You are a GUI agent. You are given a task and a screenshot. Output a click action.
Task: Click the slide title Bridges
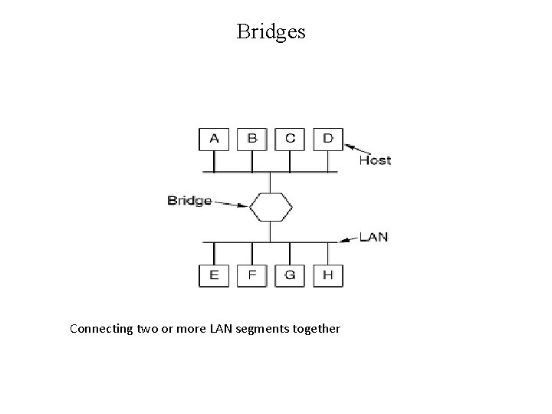(271, 31)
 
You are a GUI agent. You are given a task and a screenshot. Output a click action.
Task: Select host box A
(214, 138)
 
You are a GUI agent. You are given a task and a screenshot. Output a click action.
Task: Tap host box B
(251, 138)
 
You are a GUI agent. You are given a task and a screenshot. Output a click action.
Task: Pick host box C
(290, 138)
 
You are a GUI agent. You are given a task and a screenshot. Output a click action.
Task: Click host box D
(327, 138)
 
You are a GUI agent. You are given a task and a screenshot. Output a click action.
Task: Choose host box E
(214, 275)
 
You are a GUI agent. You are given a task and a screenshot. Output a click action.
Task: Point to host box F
(251, 275)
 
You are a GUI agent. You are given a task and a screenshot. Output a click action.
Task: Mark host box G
(290, 275)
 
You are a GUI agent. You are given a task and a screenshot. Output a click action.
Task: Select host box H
(327, 275)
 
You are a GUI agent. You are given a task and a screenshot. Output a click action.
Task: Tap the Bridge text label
(189, 201)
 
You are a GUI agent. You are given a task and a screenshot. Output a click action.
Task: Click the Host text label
(375, 160)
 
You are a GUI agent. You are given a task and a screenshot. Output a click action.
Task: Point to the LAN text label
(373, 237)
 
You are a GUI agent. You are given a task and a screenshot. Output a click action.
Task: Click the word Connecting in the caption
(98, 329)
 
